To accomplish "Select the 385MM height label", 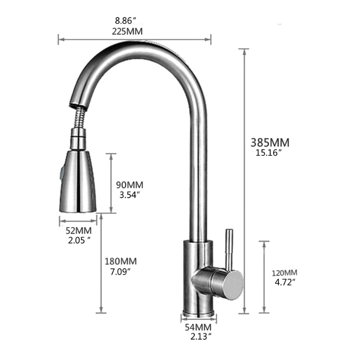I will coord(270,142).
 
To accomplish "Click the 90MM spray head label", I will coord(129,185).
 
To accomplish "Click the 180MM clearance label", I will coord(120,261).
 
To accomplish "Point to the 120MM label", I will coord(284,273).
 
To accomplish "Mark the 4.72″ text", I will coord(284,282).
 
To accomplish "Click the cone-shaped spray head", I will coord(77,182).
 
